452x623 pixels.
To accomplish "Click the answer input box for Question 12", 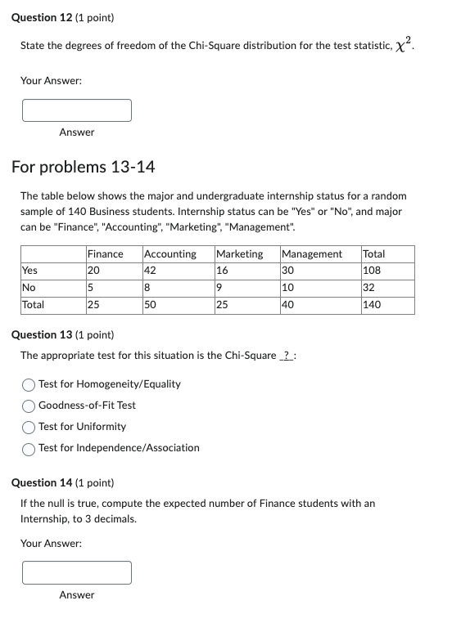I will point(77,110).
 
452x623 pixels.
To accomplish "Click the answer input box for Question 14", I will point(77,572).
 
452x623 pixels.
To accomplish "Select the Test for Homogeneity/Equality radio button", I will point(29,384).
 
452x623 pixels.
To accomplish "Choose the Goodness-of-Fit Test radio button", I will point(29,406).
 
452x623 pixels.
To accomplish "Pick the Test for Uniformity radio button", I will point(29,427).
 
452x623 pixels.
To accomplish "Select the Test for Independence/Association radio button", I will point(29,448).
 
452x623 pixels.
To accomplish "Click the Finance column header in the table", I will point(105,254).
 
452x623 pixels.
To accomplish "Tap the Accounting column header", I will point(169,254).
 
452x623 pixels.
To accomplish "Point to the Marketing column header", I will point(240,254).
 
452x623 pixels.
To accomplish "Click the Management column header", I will point(312,254).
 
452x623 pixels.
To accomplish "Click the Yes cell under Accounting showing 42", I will point(150,271).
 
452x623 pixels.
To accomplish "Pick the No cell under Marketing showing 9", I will point(219,288).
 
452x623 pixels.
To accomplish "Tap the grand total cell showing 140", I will point(372,305).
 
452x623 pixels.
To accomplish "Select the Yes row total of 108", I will point(372,271).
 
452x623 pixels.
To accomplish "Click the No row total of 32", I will point(369,288).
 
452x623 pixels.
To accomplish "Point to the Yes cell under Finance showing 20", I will point(94,271).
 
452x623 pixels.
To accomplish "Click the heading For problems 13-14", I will point(83,168).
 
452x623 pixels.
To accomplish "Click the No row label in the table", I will point(29,288).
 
